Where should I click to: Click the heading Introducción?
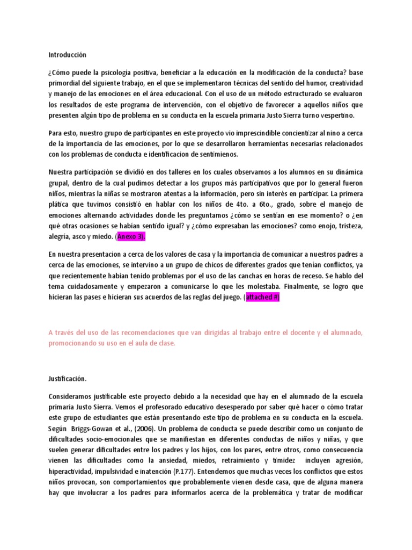(x=67, y=55)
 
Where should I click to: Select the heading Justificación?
(x=68, y=379)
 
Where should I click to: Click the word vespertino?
(x=333, y=115)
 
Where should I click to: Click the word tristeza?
(x=351, y=226)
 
